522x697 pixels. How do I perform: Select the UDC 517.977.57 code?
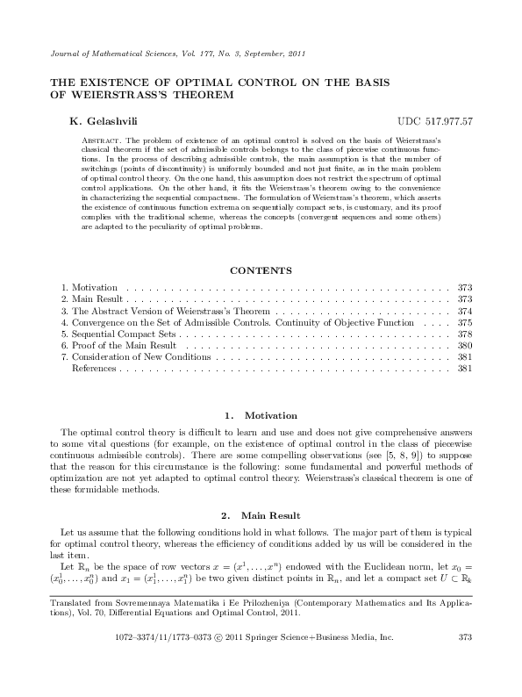(x=435, y=120)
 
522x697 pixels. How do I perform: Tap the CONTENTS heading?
(x=261, y=270)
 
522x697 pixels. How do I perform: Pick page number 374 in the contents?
(x=465, y=312)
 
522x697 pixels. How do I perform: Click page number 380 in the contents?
(x=465, y=347)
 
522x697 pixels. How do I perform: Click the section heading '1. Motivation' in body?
(x=261, y=415)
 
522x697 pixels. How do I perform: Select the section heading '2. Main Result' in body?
(x=261, y=515)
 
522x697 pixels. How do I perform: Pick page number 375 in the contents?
(x=465, y=323)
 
